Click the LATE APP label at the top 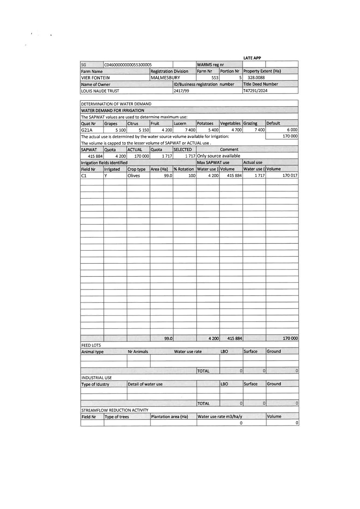pos(252,58)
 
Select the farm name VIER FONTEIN pos(95,78)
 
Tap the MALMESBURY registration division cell pos(165,78)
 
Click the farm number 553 pos(215,78)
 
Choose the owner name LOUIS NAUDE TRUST pos(100,91)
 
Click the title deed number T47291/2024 pos(255,91)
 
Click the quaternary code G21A pos(87,130)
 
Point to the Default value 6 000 pos(292,130)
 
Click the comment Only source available pos(219,156)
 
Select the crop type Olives pos(134,176)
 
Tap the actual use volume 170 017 pos(290,176)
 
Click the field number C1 pos(84,176)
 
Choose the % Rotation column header pos(184,169)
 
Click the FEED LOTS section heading pos(91,345)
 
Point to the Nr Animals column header pos(138,352)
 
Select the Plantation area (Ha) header pos(169,417)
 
